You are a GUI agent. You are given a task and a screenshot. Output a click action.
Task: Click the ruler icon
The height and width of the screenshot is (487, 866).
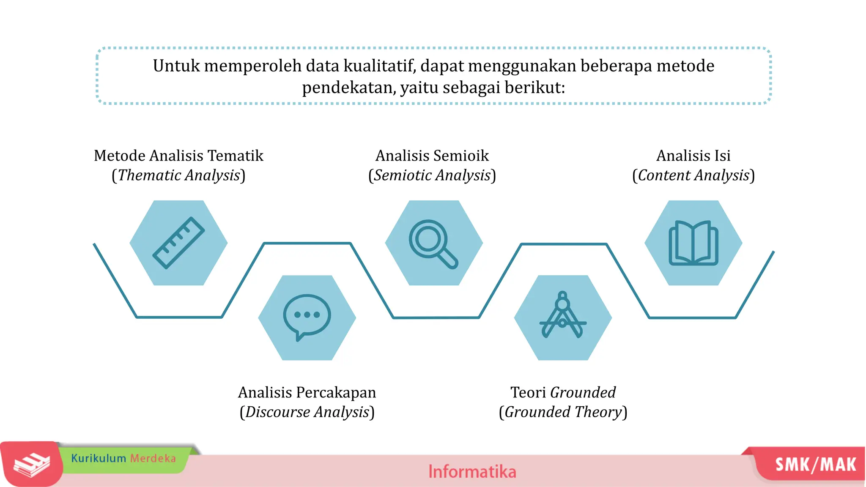(x=178, y=243)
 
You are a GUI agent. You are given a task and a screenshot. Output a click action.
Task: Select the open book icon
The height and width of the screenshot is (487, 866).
(x=693, y=243)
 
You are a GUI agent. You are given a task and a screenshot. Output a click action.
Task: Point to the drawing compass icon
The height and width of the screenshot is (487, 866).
(x=563, y=315)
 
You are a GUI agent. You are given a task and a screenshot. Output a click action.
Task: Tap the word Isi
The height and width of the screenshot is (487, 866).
(x=722, y=156)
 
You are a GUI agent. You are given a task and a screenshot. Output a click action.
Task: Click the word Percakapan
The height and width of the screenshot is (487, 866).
(x=336, y=393)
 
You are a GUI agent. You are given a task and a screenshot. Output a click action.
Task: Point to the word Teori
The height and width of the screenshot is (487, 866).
(x=528, y=392)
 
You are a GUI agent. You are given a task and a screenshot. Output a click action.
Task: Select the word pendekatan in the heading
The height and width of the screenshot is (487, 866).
(x=348, y=88)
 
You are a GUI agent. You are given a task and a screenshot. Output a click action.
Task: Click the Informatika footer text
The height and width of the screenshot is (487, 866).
(x=472, y=471)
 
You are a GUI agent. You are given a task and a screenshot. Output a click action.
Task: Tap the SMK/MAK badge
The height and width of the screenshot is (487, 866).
(x=815, y=465)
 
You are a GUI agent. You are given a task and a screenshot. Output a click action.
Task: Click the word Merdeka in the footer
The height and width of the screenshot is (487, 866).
(x=153, y=458)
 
